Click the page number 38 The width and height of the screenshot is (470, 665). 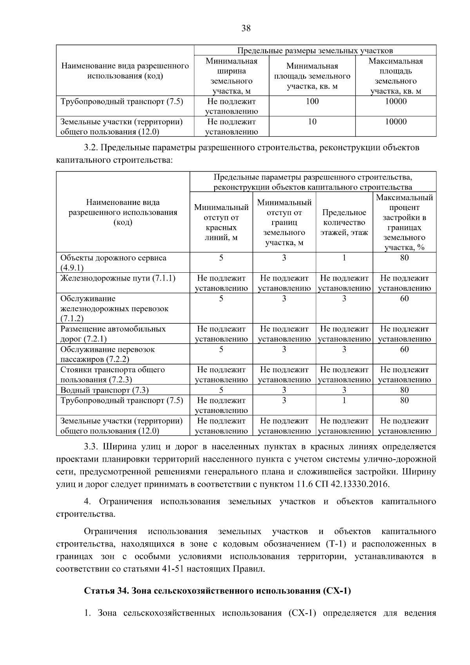pos(246,28)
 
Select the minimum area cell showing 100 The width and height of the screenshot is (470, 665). pos(312,101)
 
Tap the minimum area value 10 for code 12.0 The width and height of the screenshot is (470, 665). pos(312,122)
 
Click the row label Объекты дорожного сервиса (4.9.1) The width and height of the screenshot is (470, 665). pos(113,263)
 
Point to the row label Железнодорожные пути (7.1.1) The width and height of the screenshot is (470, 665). pos(118,278)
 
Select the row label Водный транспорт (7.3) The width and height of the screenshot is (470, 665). pos(105,390)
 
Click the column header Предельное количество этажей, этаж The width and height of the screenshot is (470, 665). pos(344,222)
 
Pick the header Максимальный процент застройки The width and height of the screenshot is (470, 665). pos(404,222)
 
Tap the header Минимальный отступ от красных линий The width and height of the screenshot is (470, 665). pos(221,222)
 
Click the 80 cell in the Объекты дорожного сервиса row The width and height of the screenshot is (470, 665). pos(404,257)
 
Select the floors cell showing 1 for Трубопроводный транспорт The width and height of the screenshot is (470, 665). pos(344,400)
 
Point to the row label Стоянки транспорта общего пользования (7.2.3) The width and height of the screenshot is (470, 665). pos(112,375)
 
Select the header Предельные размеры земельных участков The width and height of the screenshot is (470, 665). pos(315,51)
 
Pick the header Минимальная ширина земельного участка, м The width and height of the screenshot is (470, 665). pos(231,76)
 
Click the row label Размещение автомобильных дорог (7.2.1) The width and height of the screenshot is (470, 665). pos(113,334)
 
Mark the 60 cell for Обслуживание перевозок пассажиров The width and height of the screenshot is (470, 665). pos(404,349)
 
